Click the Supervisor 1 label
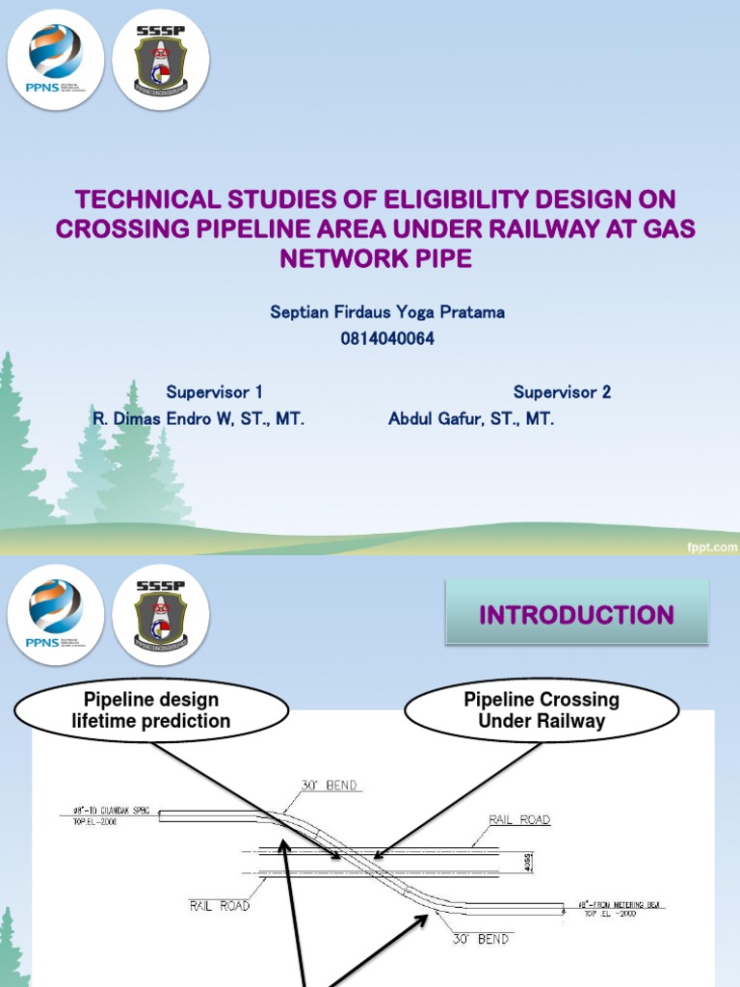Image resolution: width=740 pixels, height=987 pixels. [214, 392]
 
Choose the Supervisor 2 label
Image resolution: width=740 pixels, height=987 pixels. [562, 392]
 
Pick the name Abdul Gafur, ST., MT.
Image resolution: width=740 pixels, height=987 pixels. [471, 419]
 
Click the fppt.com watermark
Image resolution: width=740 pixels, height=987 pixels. [712, 547]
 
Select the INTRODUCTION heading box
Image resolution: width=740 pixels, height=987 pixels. [576, 614]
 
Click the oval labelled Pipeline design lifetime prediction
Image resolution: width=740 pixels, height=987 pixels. [151, 709]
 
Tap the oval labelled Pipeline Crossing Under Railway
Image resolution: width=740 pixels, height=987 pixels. [542, 710]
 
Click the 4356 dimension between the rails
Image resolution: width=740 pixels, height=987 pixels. [527, 861]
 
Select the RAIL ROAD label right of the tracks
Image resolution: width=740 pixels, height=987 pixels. [519, 819]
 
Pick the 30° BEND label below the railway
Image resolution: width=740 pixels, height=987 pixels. [480, 938]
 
